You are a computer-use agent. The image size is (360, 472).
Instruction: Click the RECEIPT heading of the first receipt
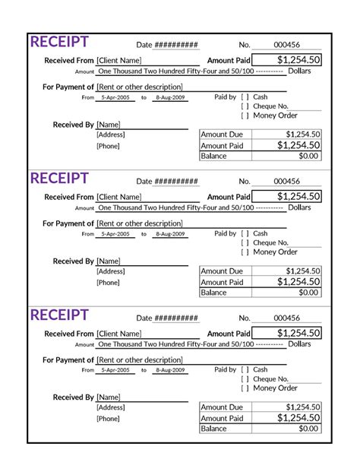tap(59, 42)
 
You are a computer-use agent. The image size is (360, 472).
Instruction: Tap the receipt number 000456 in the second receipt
tap(287, 182)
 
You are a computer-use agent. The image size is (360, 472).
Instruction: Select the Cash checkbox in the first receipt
tap(245, 97)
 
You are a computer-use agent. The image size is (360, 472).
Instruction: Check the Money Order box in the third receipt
tap(245, 388)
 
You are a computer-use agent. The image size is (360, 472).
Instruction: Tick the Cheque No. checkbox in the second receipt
tap(245, 242)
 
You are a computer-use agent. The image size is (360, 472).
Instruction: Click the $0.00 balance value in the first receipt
tap(308, 156)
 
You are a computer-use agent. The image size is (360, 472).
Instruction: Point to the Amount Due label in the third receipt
tap(222, 407)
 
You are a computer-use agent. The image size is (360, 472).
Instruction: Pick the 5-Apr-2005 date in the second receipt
tap(115, 234)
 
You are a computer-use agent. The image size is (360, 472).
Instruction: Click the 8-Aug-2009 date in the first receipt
tap(170, 98)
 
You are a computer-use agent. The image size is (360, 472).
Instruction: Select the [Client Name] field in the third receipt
tap(119, 334)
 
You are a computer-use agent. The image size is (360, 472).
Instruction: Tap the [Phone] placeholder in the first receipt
tap(108, 146)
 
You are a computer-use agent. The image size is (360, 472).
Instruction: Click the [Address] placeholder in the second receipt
tap(111, 271)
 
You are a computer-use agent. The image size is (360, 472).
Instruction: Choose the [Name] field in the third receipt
tap(109, 397)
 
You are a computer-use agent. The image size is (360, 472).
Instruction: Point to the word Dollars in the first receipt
tap(299, 71)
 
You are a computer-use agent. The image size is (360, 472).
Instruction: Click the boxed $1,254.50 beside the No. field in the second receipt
tap(287, 197)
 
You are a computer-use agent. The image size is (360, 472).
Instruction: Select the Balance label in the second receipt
tap(214, 293)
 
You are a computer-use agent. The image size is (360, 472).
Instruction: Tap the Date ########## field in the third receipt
tap(167, 318)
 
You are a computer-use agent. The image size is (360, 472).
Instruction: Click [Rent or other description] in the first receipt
tap(140, 87)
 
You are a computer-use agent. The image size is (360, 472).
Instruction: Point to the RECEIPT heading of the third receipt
tap(59, 315)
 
